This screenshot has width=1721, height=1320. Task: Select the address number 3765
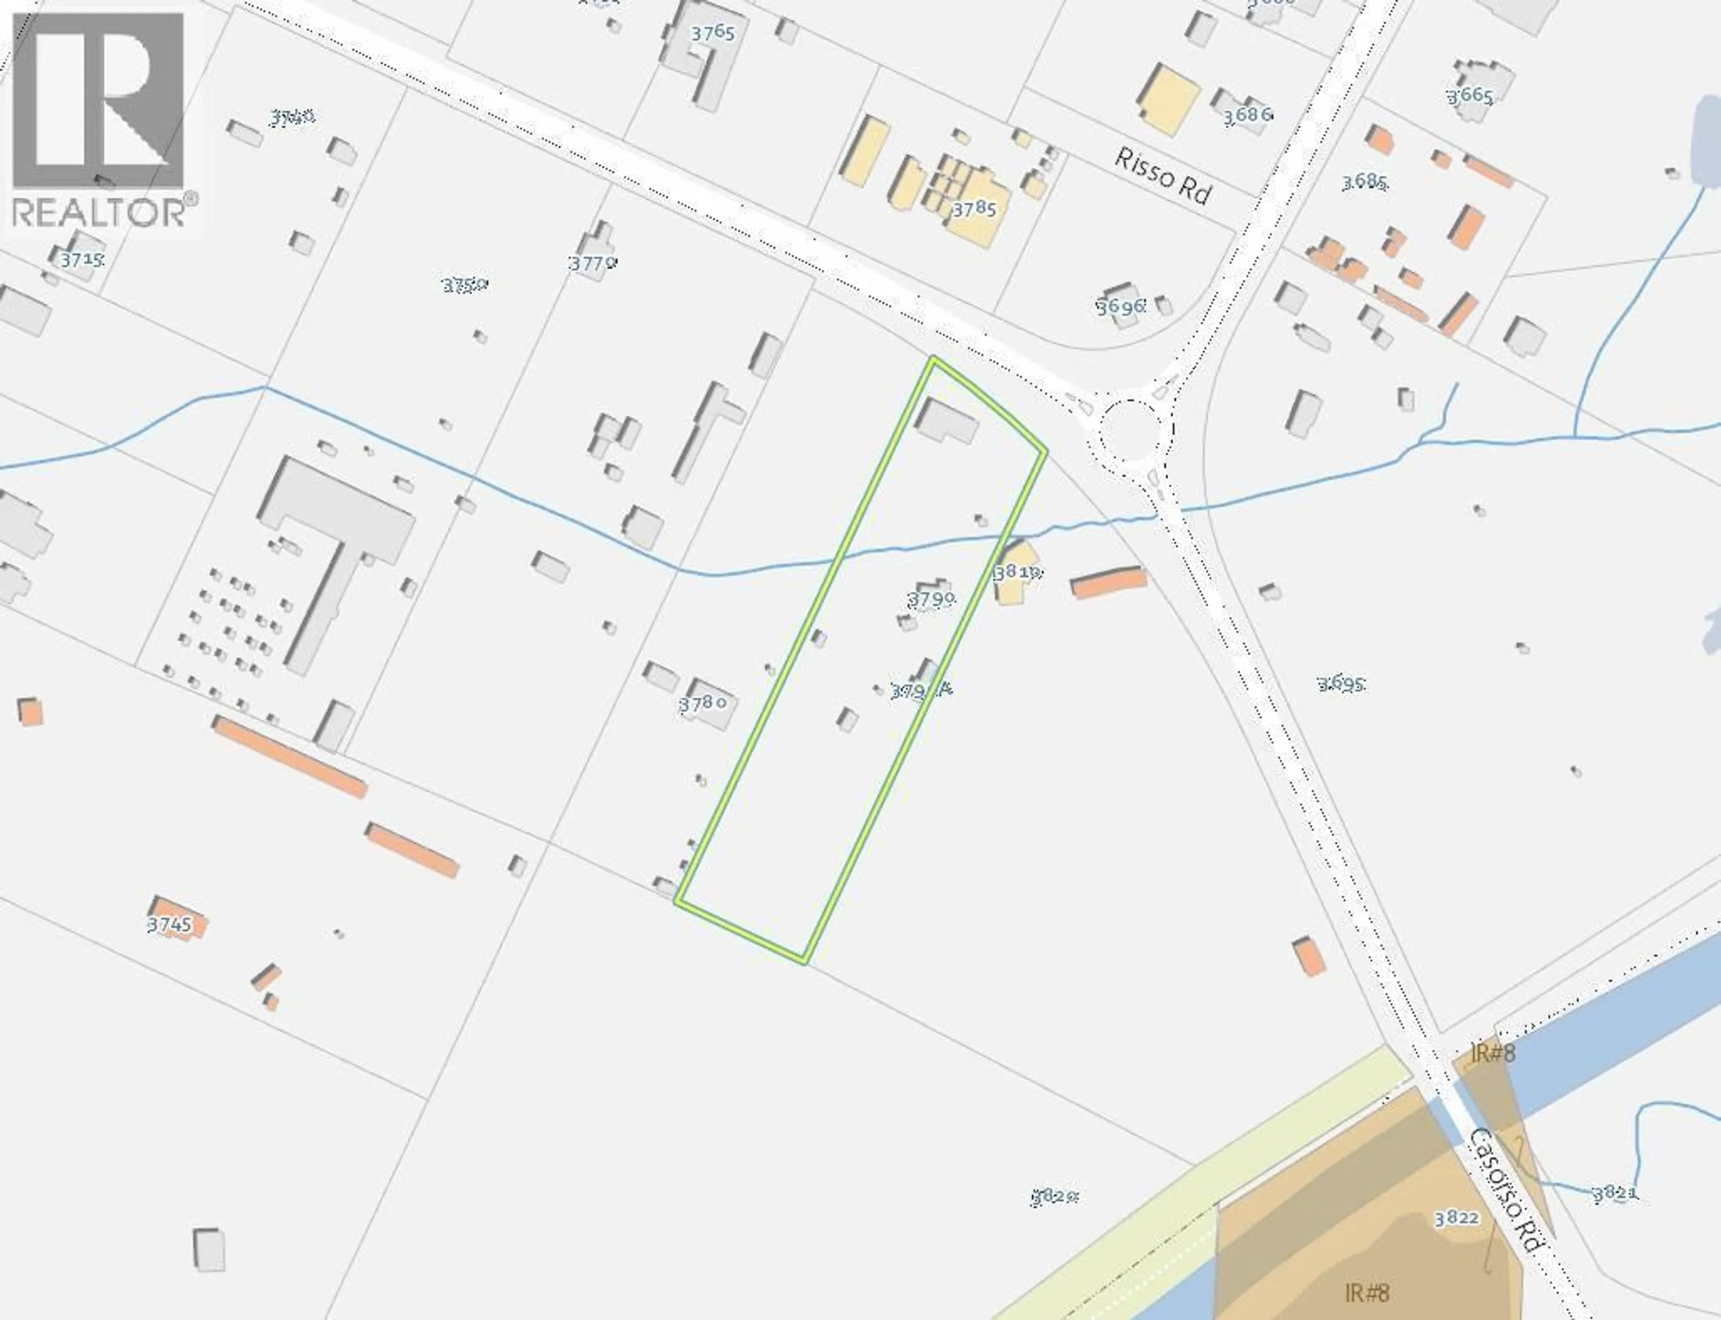[713, 33]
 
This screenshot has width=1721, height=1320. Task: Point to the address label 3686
[1247, 115]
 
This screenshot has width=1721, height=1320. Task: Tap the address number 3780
[701, 703]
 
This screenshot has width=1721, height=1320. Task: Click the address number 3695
[1341, 684]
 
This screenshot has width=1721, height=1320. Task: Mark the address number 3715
[82, 259]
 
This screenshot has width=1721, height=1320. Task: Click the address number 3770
[593, 263]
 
